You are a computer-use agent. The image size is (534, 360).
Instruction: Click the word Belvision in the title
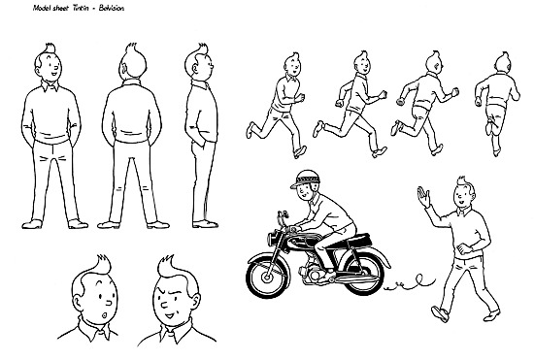coord(112,8)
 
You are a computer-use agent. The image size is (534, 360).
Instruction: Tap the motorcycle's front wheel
coord(268,278)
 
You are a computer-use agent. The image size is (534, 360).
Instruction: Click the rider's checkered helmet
coord(305,179)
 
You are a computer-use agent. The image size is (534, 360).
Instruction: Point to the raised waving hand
coord(423,197)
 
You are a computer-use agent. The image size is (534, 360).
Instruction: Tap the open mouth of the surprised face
coord(104,315)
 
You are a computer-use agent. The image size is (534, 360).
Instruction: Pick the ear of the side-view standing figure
coord(195,70)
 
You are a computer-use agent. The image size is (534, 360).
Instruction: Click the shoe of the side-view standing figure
coord(205,224)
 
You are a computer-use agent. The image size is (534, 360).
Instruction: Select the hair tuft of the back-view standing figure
coord(131,48)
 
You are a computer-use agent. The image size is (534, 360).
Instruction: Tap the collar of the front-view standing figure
coord(50,85)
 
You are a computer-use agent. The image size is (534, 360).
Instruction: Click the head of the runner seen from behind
coord(503,62)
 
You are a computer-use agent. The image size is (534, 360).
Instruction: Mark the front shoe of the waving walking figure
coord(441,314)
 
